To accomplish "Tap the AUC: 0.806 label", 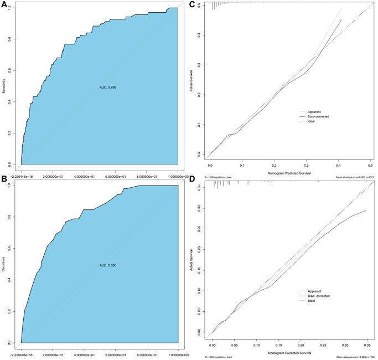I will (x=103, y=265).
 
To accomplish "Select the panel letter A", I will (x=4, y=4).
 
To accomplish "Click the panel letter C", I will (x=192, y=4).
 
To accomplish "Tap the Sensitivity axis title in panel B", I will (x=5, y=265).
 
